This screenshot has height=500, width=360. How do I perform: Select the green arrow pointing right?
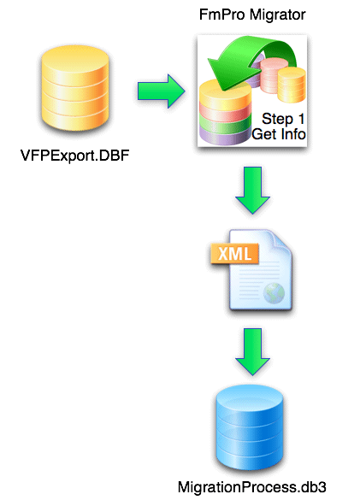click(x=162, y=89)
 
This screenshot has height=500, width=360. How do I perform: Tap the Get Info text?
click(x=279, y=134)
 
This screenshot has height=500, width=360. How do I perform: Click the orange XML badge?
click(x=231, y=254)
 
